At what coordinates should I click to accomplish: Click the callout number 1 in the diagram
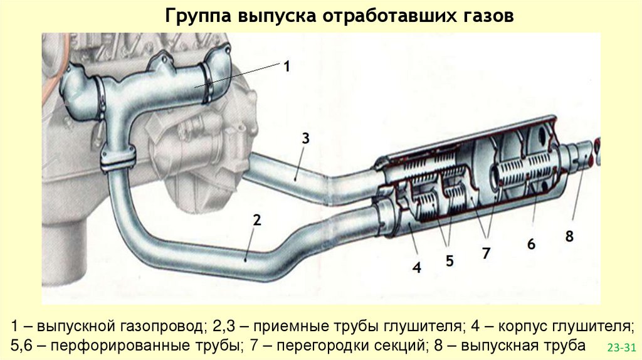[x=287, y=66]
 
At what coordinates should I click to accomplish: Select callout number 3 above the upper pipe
[x=305, y=139]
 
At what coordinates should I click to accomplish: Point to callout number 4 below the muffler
[x=416, y=268]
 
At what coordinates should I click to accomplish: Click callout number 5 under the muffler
[x=450, y=260]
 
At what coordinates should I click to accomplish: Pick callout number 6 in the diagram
[x=531, y=244]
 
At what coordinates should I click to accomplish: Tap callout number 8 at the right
[x=569, y=236]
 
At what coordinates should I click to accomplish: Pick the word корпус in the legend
[x=522, y=327]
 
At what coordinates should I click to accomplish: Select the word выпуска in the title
[x=275, y=16]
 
